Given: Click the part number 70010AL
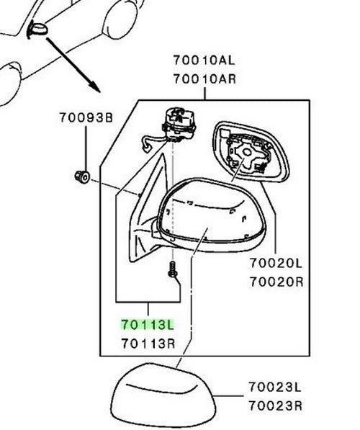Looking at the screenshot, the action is (204, 60).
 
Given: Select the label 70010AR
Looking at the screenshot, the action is (204, 79).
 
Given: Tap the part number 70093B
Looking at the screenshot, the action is (86, 117).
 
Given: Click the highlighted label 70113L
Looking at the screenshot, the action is (148, 325).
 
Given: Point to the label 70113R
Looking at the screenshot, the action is (148, 344).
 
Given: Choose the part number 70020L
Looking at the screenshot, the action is (276, 264).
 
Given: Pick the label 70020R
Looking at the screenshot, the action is (276, 282).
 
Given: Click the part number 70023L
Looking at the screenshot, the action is (275, 387).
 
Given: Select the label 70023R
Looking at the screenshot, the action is (276, 406).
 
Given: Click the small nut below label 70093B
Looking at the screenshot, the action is (82, 176).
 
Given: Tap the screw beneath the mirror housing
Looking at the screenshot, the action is (173, 269).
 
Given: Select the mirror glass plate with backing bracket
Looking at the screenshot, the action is (251, 152).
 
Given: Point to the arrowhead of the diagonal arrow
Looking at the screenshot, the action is (96, 87).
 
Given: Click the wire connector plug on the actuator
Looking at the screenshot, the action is (146, 150).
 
